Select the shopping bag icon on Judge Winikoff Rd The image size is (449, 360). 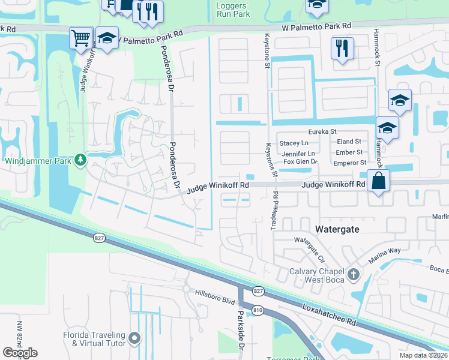pos(378,181)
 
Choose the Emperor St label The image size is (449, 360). pos(350,163)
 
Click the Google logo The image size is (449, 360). pos(20,353)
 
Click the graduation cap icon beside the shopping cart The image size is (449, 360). pos(107,38)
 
